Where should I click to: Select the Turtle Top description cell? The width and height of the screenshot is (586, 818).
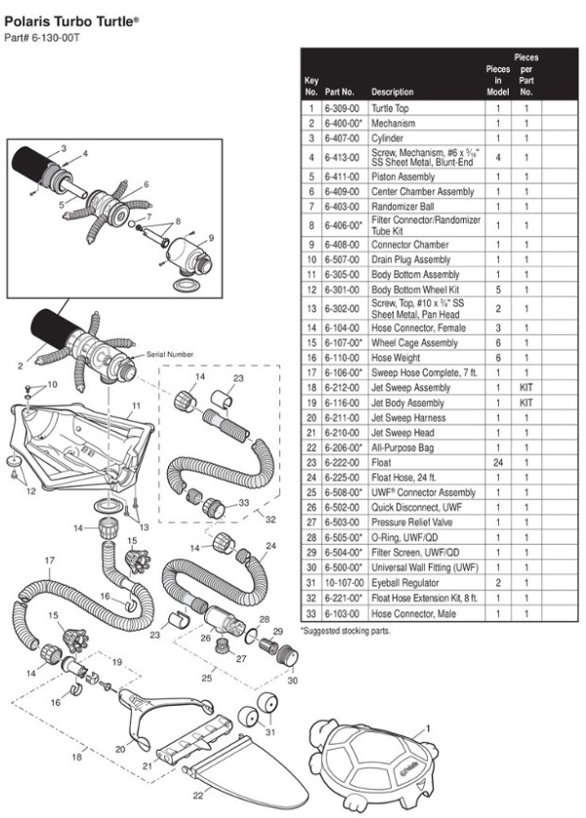[x=389, y=108]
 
